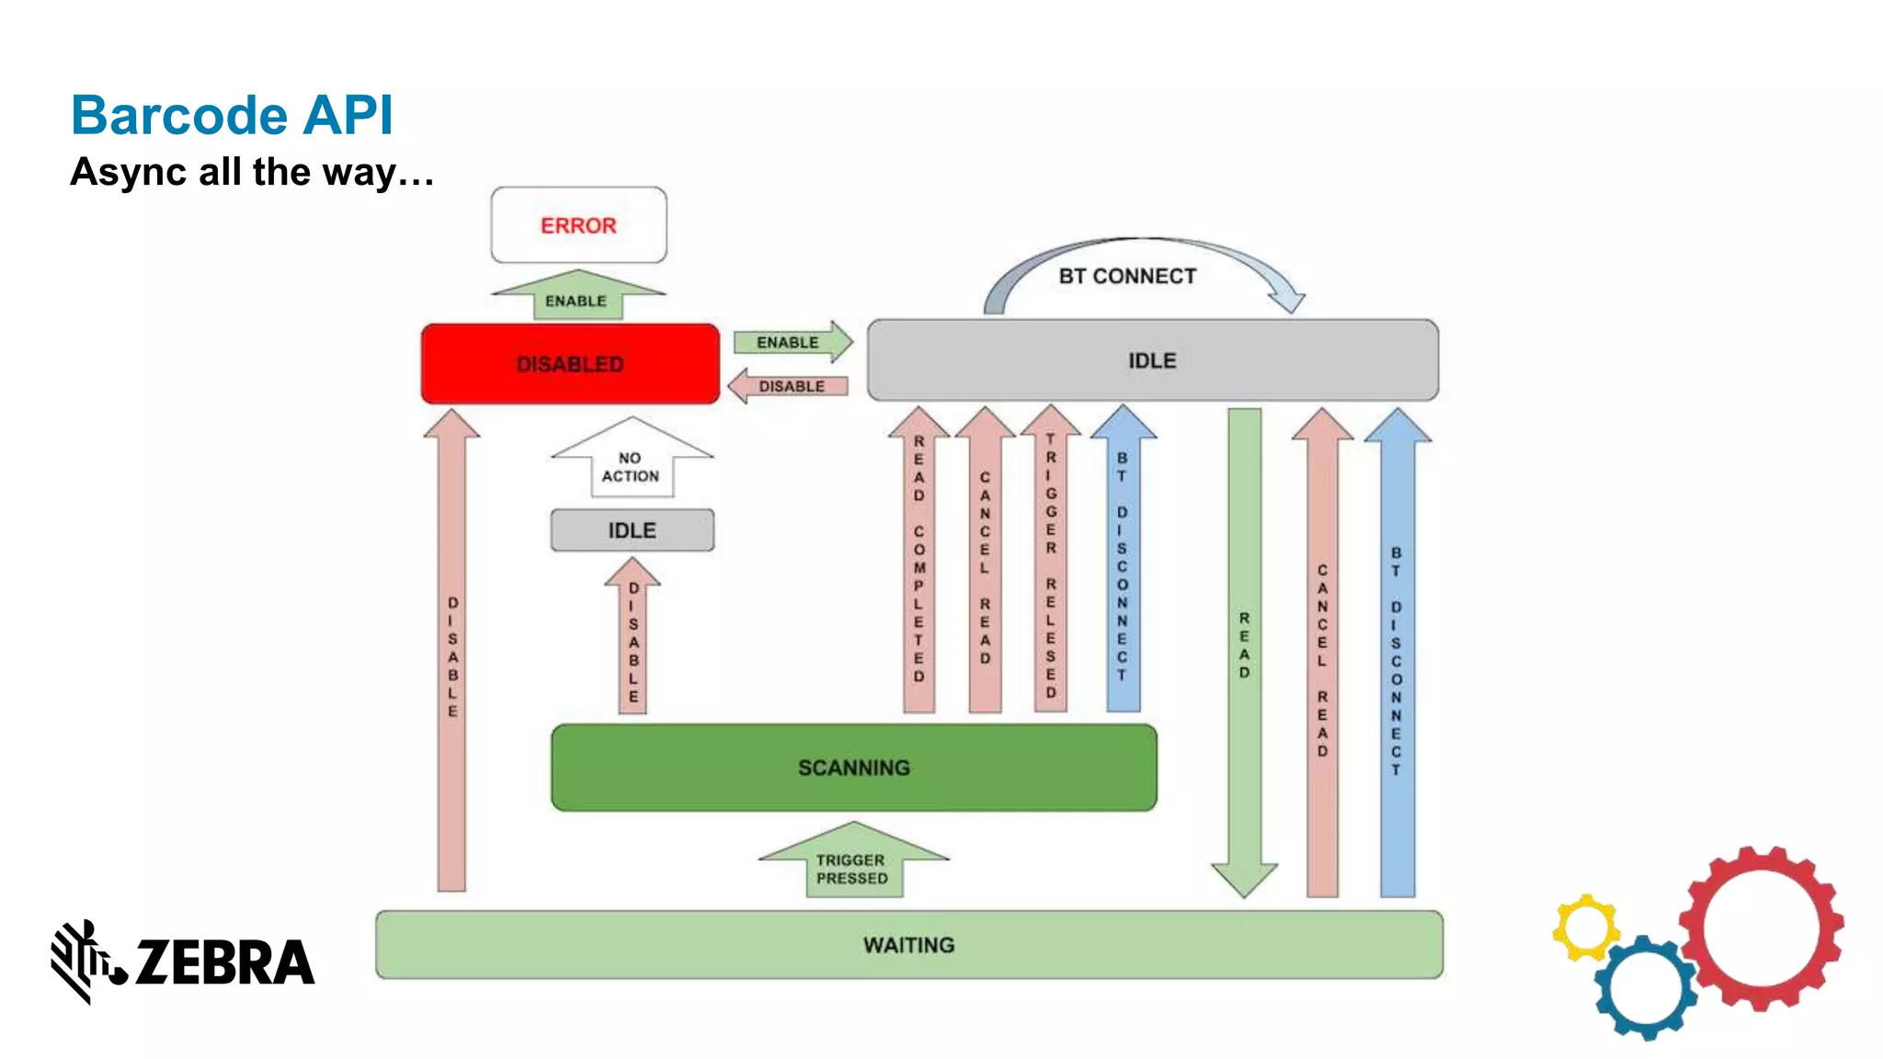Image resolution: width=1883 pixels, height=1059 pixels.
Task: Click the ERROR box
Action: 578,225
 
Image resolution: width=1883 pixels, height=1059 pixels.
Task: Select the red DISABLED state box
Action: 570,364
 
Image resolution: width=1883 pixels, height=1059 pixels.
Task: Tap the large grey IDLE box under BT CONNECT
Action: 1152,360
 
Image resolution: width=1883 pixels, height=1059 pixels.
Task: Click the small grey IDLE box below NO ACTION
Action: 632,530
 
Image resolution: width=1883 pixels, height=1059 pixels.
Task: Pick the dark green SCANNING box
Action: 853,768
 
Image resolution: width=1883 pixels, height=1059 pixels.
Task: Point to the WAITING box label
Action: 908,945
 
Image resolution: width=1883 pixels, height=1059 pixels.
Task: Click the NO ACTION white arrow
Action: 631,464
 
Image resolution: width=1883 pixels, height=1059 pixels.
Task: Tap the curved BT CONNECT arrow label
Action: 1127,276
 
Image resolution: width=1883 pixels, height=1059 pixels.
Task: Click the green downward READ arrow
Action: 1244,643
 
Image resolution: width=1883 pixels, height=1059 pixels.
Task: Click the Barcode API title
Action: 232,116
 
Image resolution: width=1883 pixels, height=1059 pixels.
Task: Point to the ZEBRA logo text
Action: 224,962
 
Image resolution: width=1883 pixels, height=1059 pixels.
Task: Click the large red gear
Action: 1761,928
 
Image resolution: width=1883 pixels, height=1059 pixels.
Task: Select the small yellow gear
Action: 1585,928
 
